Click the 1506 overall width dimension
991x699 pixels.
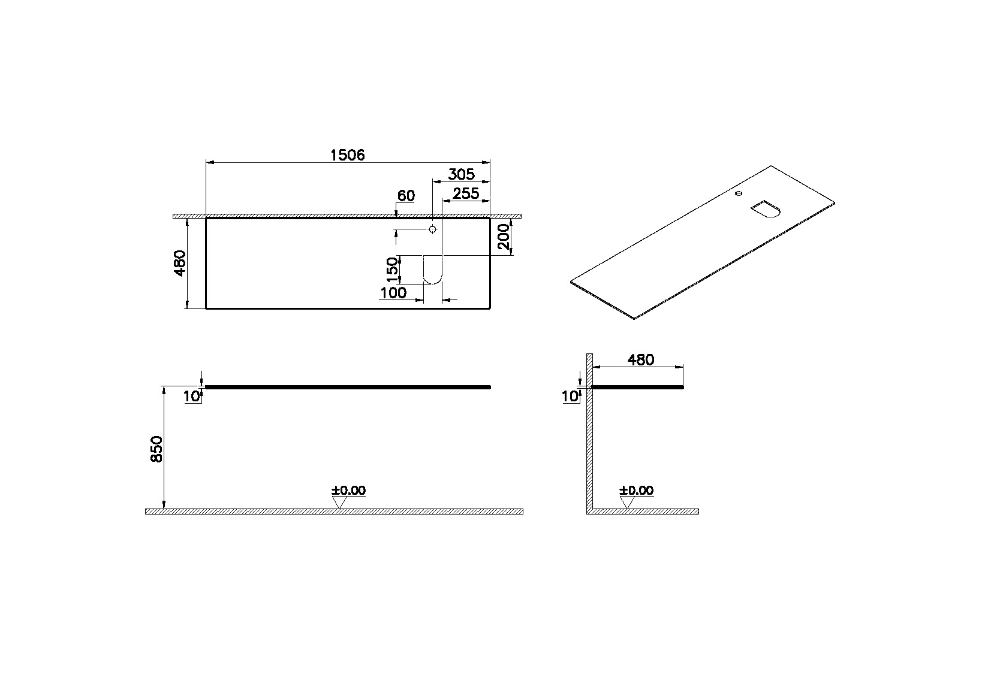(348, 155)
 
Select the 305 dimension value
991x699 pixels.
(461, 174)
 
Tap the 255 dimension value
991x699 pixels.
(466, 193)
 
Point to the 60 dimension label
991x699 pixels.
(406, 196)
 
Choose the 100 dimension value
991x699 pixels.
(393, 293)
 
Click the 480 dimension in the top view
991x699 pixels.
(180, 264)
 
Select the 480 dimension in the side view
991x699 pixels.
(640, 360)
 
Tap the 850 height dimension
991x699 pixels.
(156, 449)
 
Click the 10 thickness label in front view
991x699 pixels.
(191, 396)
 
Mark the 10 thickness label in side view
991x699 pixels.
(570, 396)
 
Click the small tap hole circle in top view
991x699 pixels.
(432, 229)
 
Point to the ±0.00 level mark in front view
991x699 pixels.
(348, 491)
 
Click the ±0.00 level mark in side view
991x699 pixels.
(636, 491)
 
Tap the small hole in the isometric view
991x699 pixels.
(739, 193)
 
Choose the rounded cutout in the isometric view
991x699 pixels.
(766, 210)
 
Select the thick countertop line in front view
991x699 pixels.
(348, 388)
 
